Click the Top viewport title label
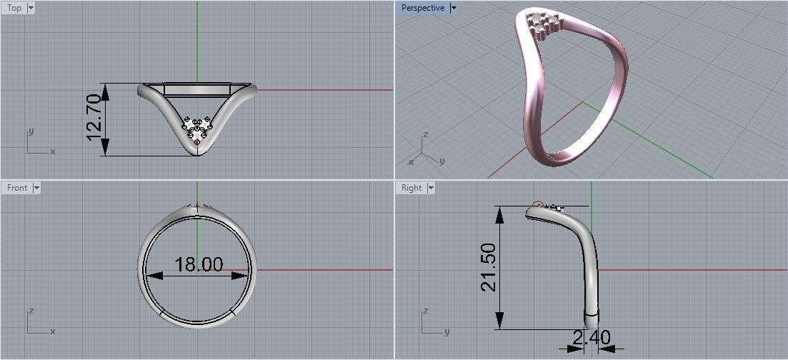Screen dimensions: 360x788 [x=14, y=8]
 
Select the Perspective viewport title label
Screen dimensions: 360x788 [x=422, y=8]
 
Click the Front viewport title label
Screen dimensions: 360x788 [x=16, y=188]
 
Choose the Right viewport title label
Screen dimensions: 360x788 [x=412, y=188]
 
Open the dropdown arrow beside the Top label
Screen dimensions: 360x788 [x=30, y=8]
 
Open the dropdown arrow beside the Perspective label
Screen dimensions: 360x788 [x=454, y=8]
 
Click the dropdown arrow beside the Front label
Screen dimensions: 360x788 [x=36, y=188]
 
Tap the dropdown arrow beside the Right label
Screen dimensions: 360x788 [x=430, y=188]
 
